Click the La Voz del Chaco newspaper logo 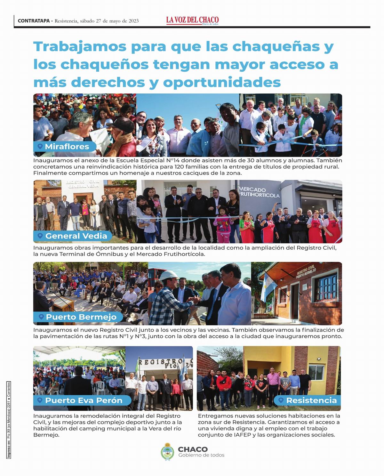pos(192,20)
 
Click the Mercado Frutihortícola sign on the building pos(260,192)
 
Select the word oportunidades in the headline pos(222,82)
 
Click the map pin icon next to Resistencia pos(281,400)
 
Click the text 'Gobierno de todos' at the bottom pos(201,455)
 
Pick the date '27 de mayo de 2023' pos(117,21)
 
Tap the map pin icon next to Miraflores pos(40,146)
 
